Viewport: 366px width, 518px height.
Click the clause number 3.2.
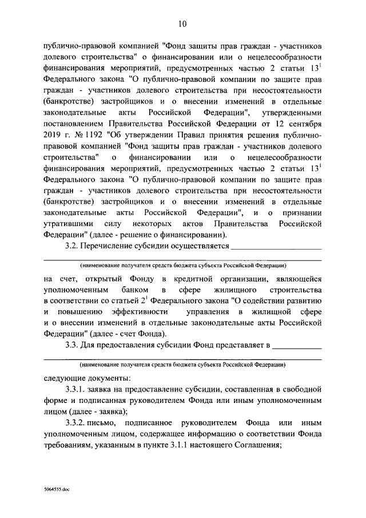pyautogui.click(x=74, y=247)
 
